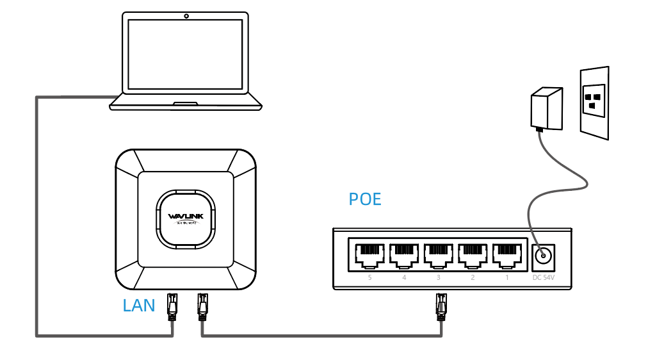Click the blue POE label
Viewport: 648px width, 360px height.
365,199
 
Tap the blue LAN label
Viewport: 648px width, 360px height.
139,306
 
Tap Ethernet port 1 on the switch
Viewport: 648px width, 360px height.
506,254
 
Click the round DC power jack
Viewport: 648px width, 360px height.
544,257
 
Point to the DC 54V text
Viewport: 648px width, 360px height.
544,278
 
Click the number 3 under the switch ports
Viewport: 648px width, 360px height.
437,278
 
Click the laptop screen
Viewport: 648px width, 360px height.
186,54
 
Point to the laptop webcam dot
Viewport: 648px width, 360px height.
186,15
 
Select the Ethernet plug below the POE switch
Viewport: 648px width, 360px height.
441,306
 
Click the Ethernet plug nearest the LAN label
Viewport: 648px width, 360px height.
172,306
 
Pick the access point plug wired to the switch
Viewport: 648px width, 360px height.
202,306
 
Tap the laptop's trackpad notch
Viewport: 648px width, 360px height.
186,102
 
